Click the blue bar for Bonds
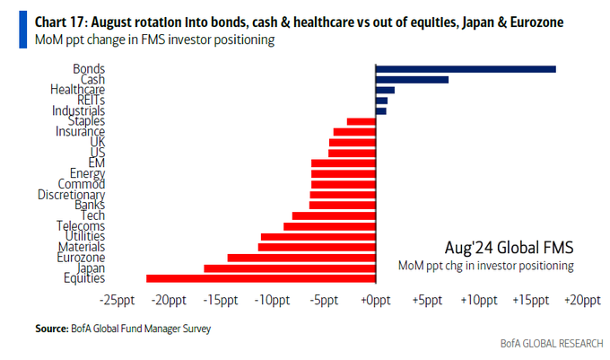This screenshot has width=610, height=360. pos(466,68)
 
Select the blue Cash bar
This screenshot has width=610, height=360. pos(412,79)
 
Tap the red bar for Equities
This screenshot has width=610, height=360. pos(261,278)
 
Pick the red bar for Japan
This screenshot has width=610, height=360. pos(290,268)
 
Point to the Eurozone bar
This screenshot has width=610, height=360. pos(301,257)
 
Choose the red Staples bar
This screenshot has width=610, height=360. pos(361,121)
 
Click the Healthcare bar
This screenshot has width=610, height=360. pos(385,90)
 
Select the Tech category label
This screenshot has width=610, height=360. pos(92,215)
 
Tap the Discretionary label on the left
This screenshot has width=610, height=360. pos(71,195)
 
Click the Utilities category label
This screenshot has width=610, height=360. pos(81,236)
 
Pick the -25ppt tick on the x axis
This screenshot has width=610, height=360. pos(118,301)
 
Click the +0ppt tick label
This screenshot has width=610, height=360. pos(375,301)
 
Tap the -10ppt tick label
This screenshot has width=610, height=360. pos(273,301)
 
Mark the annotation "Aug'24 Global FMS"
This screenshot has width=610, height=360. pos(509,247)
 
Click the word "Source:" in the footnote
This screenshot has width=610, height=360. pos(51,329)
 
